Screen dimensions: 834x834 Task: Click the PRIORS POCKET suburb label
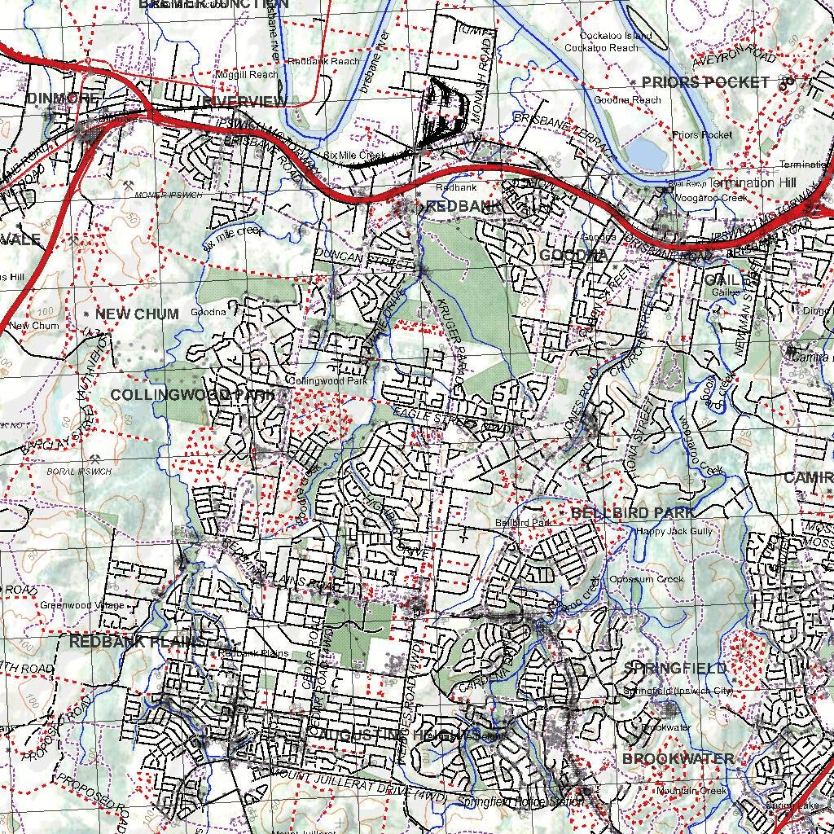tap(705, 82)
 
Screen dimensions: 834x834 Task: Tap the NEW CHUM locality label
tap(137, 314)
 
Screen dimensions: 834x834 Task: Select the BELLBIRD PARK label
tap(634, 512)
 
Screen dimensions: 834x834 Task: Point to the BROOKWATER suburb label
tap(678, 758)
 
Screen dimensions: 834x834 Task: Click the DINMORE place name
tap(63, 99)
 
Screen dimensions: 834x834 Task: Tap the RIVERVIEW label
tap(244, 101)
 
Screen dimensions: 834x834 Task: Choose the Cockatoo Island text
tap(616, 36)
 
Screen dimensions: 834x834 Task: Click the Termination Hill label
tap(741, 182)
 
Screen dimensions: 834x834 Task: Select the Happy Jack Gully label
tap(674, 531)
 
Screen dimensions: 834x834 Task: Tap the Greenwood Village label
tap(82, 605)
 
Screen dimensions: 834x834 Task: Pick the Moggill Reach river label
tap(246, 74)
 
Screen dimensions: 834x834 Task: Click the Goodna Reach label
tap(627, 100)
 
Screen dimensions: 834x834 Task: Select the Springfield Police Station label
tap(520, 801)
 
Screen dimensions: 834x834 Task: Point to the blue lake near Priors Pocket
tap(646, 152)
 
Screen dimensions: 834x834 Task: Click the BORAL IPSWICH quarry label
tap(79, 472)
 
